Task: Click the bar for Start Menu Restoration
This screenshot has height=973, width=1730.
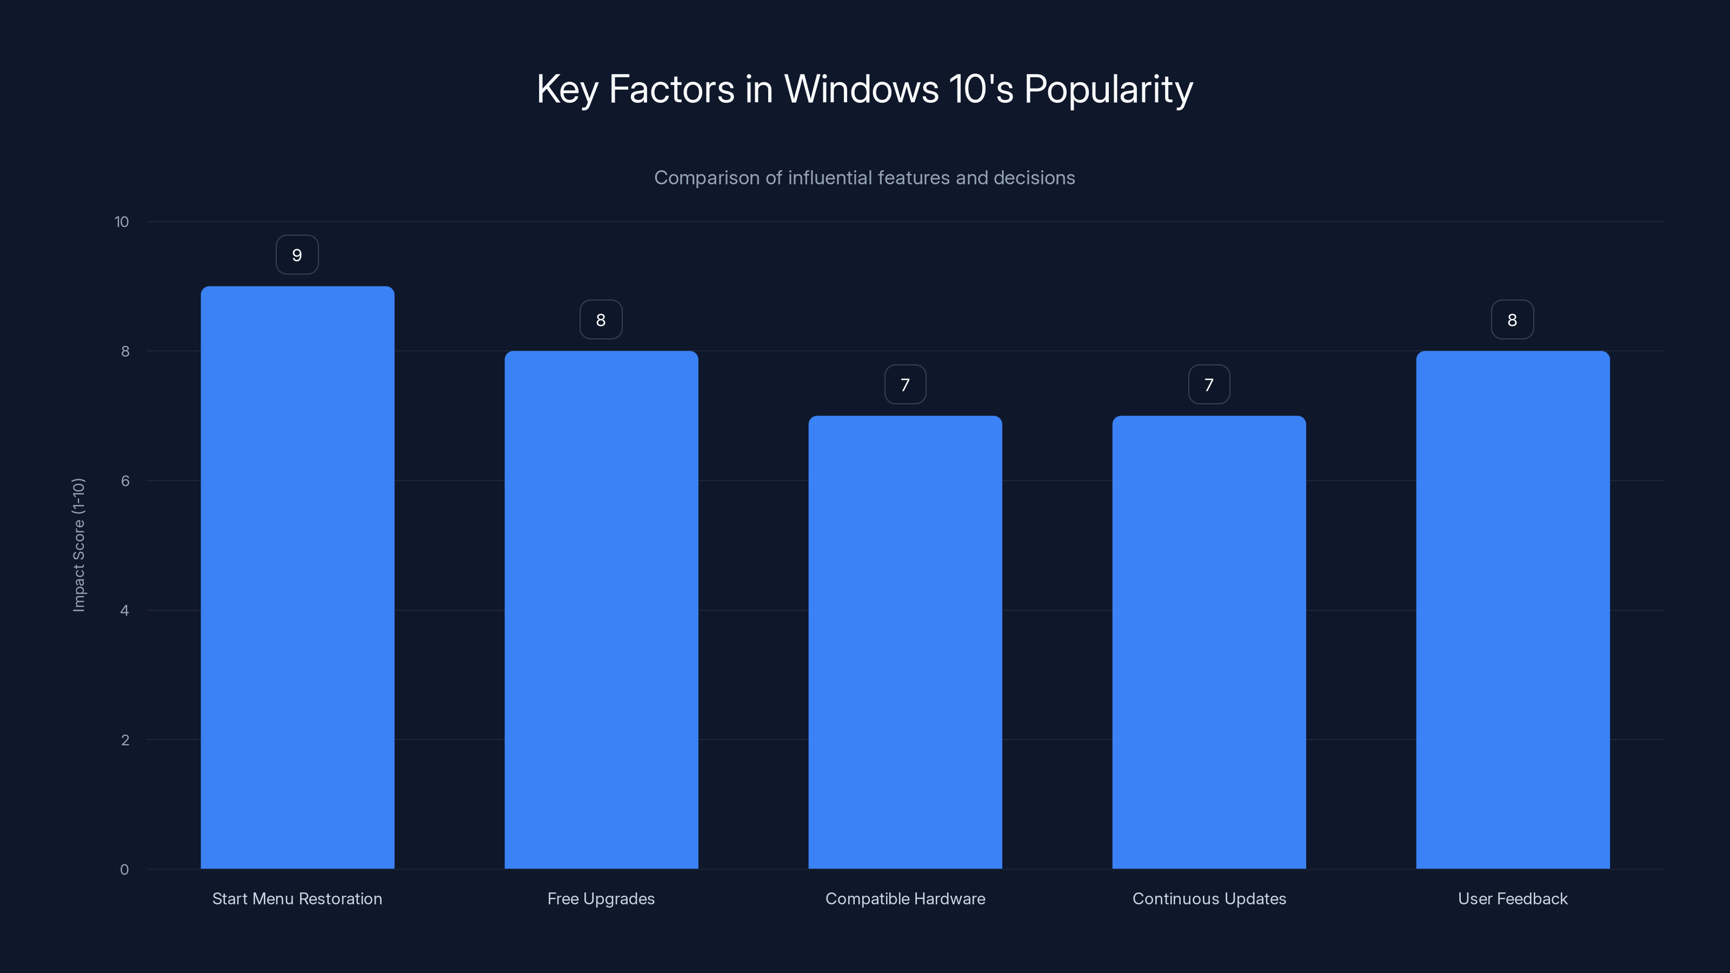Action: click(297, 577)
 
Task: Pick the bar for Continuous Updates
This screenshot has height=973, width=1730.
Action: click(1209, 642)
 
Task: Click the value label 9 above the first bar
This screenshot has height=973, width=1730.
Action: click(297, 255)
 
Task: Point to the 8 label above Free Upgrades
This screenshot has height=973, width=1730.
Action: click(601, 319)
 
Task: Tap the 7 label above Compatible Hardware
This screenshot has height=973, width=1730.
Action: click(904, 385)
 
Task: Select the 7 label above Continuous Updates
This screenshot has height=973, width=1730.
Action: click(1209, 385)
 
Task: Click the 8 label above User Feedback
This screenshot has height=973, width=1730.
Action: click(1512, 319)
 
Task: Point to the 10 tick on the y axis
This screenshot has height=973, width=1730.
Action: click(122, 222)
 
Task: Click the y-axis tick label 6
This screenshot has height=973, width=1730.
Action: click(125, 481)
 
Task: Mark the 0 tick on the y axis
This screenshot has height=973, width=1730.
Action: click(124, 870)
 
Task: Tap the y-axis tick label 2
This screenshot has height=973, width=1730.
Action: click(125, 740)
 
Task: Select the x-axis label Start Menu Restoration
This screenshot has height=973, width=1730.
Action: click(297, 898)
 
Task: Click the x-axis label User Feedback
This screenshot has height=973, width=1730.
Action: click(1513, 898)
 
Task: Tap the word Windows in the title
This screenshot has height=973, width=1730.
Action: click(861, 89)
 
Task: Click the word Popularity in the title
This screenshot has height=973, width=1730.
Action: click(1108, 90)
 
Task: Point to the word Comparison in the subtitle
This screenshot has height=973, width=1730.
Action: click(707, 178)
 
